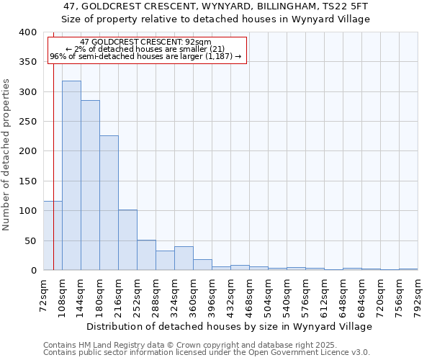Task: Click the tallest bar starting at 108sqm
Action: click(x=71, y=176)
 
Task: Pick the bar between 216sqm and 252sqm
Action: click(x=127, y=240)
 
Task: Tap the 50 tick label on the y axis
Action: click(x=31, y=240)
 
